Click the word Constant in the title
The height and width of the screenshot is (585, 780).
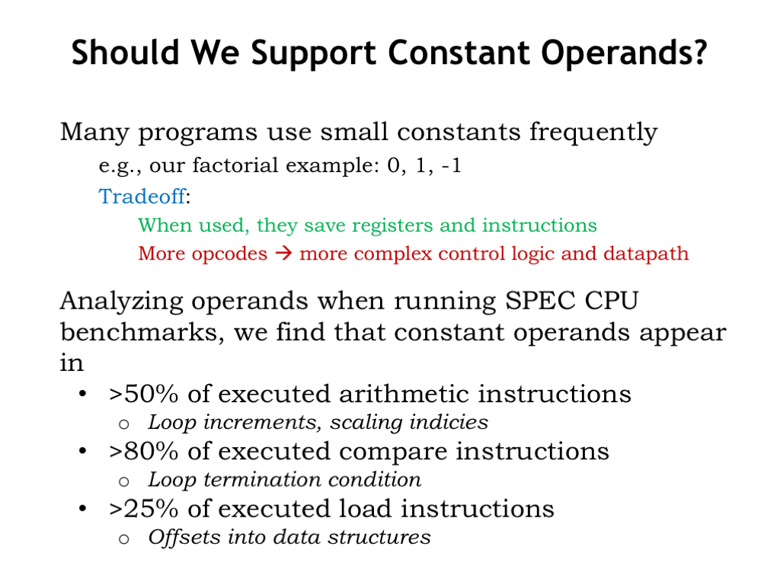click(x=458, y=53)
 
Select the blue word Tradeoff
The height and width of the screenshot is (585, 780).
click(x=142, y=197)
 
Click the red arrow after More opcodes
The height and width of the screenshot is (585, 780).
click(x=283, y=253)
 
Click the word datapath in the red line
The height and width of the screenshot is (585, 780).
click(x=646, y=254)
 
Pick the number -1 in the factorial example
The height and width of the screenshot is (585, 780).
click(x=451, y=165)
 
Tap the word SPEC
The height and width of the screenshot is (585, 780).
click(x=539, y=300)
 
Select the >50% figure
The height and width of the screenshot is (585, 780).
click(x=143, y=394)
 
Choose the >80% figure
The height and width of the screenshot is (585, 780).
click(x=143, y=451)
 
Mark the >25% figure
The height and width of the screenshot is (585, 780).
click(x=143, y=509)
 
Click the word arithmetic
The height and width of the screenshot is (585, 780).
click(x=404, y=394)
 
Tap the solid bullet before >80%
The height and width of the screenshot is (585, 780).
click(x=82, y=451)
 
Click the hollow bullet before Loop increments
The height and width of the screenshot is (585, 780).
click(x=124, y=424)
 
